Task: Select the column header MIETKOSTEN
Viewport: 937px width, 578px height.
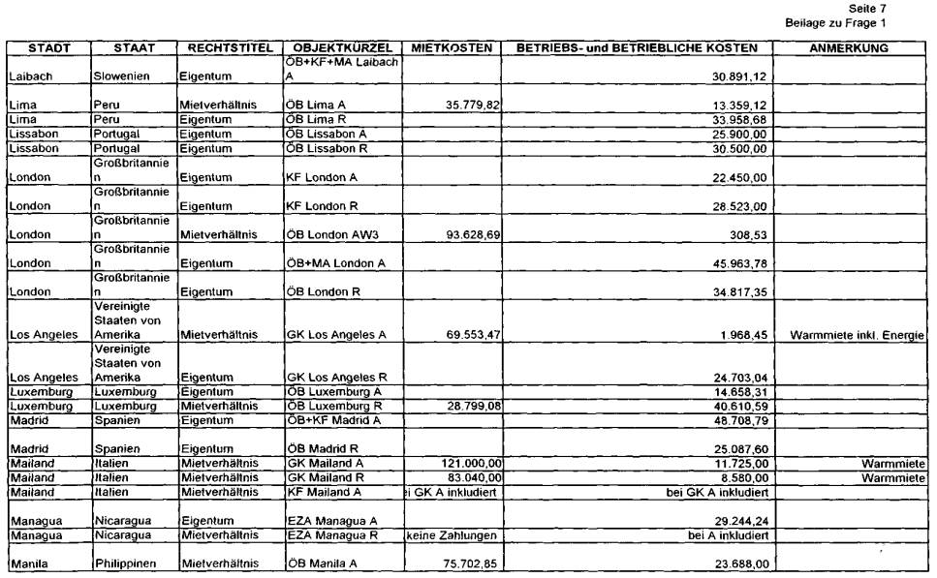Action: click(452, 47)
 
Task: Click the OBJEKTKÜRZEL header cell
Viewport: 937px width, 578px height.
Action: click(341, 47)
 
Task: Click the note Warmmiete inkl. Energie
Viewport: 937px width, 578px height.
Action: click(857, 335)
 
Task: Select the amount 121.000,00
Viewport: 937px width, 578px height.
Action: click(469, 464)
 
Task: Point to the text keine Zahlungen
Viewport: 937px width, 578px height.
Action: click(453, 535)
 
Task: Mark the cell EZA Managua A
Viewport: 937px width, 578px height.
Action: click(332, 521)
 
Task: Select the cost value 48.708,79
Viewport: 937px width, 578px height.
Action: click(741, 420)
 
